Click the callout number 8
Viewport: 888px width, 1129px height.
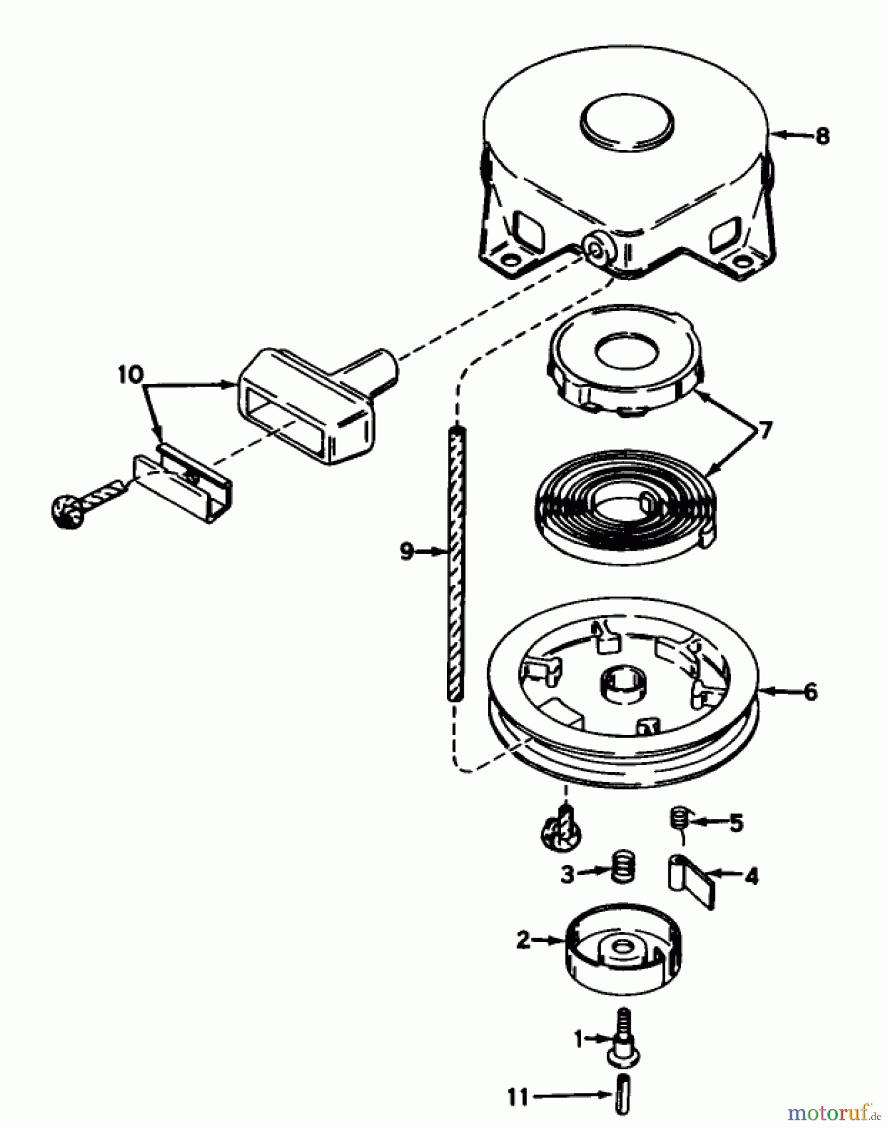[822, 135]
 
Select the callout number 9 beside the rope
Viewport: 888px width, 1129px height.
[407, 552]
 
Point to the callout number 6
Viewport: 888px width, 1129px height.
[811, 692]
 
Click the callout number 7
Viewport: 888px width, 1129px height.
[764, 432]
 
